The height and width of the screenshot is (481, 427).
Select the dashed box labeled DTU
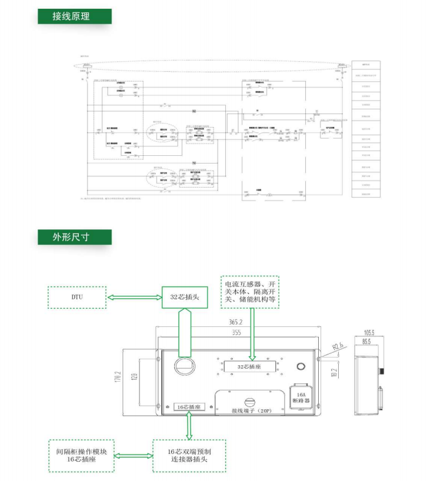[x=76, y=297]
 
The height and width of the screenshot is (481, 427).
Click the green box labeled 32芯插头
[x=185, y=297]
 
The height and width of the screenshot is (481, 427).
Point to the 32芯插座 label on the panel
[x=248, y=366]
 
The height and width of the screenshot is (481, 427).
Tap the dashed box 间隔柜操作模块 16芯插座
[x=81, y=456]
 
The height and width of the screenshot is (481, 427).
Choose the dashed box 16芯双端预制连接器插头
[x=189, y=456]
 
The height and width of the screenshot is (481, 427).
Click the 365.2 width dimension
[x=238, y=323]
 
